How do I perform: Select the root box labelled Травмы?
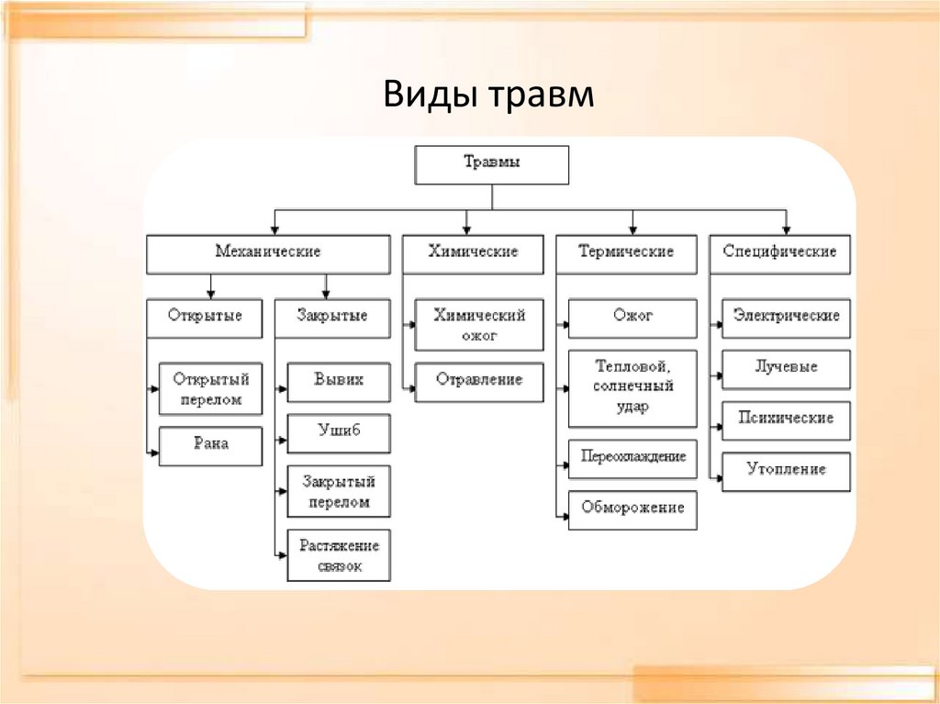click(492, 164)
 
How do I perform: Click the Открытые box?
click(205, 318)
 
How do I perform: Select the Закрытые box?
click(331, 318)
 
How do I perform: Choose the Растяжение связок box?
click(339, 555)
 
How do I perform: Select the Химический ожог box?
click(479, 325)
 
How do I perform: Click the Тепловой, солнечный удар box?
click(632, 388)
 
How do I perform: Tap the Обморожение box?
click(632, 509)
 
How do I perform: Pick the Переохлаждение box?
click(632, 458)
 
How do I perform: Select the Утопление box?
click(786, 471)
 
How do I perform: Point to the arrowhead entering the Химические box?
click(466, 228)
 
